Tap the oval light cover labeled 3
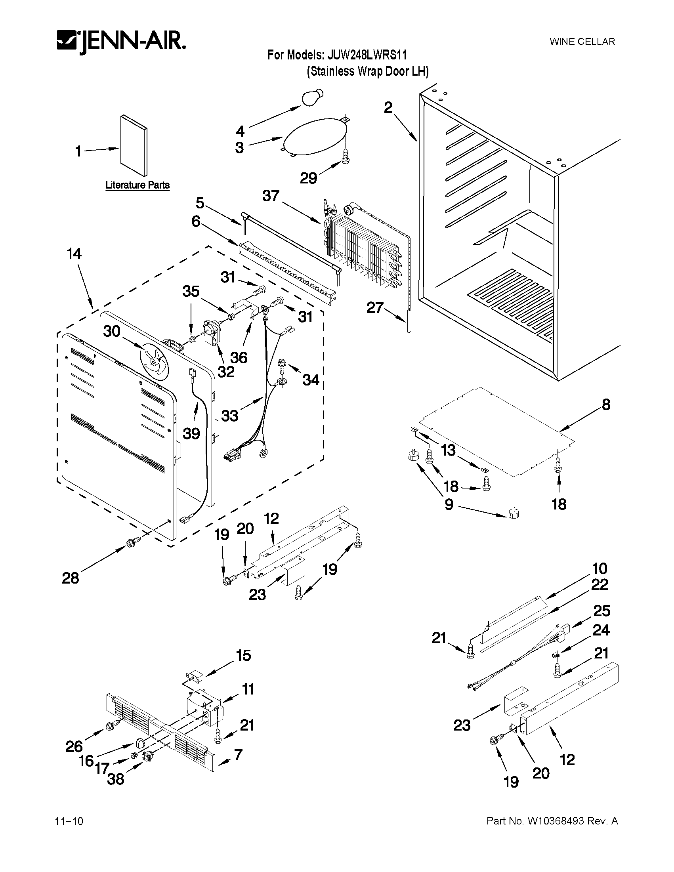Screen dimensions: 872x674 click(314, 136)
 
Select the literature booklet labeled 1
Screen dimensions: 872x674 click(134, 146)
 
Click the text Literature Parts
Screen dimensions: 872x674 click(137, 185)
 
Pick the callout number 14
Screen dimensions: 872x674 click(74, 254)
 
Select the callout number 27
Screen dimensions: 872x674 click(375, 307)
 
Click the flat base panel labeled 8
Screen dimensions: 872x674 click(495, 431)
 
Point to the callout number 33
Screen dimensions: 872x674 click(229, 416)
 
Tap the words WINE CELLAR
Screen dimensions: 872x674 click(582, 42)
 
